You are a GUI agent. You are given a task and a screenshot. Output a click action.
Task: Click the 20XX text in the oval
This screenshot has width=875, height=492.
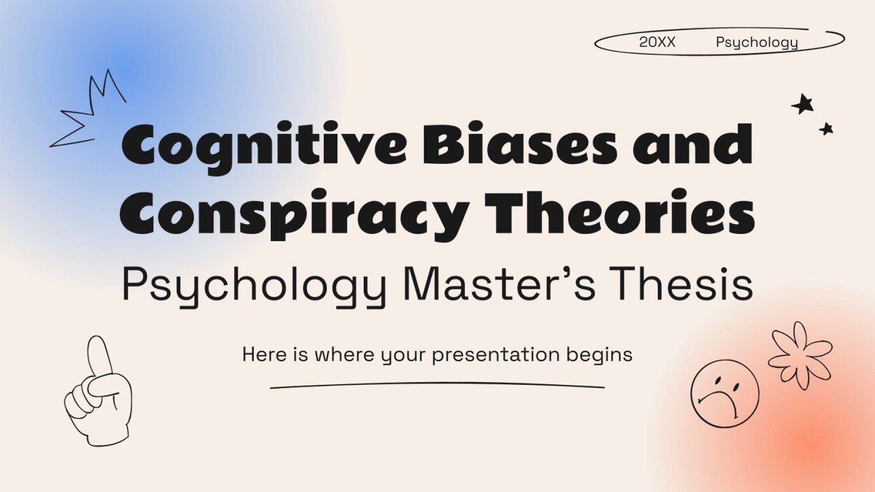(657, 43)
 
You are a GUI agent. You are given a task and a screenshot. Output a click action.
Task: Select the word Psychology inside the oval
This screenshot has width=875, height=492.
(757, 43)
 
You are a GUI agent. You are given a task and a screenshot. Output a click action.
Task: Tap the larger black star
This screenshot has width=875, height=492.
(802, 104)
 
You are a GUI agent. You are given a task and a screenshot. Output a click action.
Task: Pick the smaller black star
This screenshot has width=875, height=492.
(827, 129)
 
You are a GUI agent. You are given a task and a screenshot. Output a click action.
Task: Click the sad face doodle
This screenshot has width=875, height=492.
(725, 393)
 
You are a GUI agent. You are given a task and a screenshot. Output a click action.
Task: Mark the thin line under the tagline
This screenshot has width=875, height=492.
(437, 385)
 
